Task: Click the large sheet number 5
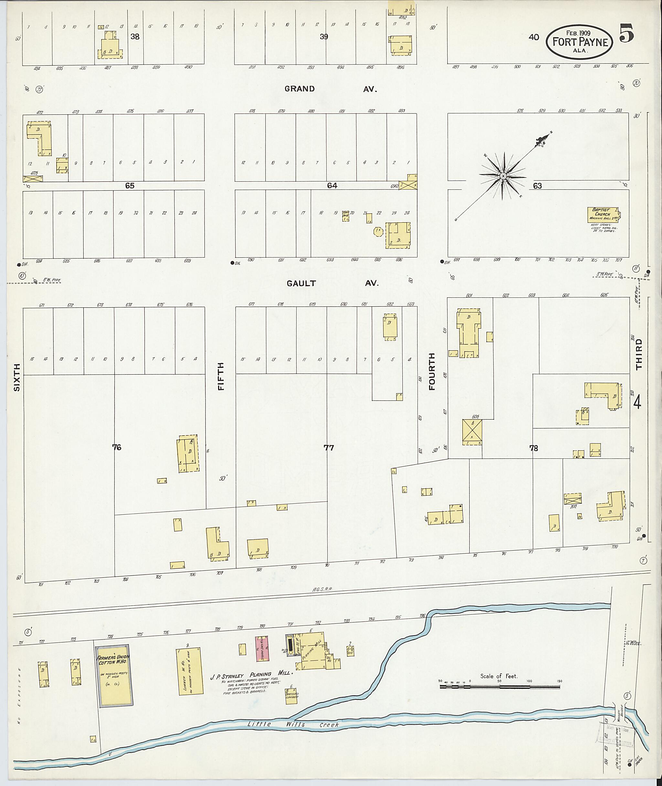(627, 33)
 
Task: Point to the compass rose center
(503, 176)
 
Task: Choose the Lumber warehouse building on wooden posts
(189, 671)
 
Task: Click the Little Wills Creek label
(293, 725)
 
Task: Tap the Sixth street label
(16, 377)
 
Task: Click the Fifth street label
(221, 376)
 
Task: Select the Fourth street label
(432, 371)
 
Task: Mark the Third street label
(639, 354)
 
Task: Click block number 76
(117, 447)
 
